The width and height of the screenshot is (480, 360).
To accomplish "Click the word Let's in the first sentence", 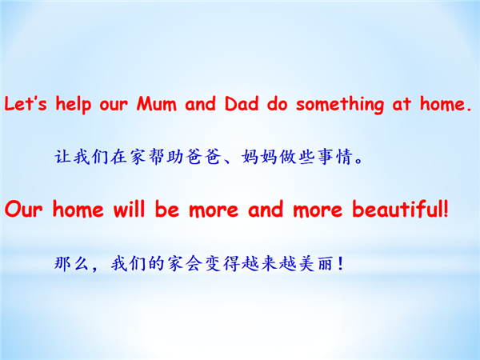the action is click(26, 103).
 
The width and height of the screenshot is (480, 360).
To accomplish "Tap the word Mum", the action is click(157, 103).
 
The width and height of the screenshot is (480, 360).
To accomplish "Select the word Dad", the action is click(242, 103).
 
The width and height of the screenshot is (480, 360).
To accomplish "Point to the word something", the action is click(340, 105).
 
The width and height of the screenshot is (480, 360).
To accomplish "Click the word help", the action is click(73, 104).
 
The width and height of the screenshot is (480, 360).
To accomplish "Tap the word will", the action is click(129, 209).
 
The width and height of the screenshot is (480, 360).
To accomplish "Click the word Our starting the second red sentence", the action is click(23, 210).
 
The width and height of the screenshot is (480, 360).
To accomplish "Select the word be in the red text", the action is click(167, 209).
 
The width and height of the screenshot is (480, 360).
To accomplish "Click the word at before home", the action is click(402, 104).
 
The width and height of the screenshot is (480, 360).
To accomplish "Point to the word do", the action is click(278, 103).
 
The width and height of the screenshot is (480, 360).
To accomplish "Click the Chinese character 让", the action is click(63, 157).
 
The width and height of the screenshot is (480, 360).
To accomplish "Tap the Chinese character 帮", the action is click(158, 157).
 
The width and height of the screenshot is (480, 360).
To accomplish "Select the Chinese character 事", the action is click(326, 157).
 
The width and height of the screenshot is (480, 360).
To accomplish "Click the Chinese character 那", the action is click(63, 263).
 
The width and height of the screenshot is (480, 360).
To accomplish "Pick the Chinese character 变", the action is click(213, 263).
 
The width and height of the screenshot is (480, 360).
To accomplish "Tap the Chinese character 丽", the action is click(326, 263).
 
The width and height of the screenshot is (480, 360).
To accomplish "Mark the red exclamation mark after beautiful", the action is click(446, 209).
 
